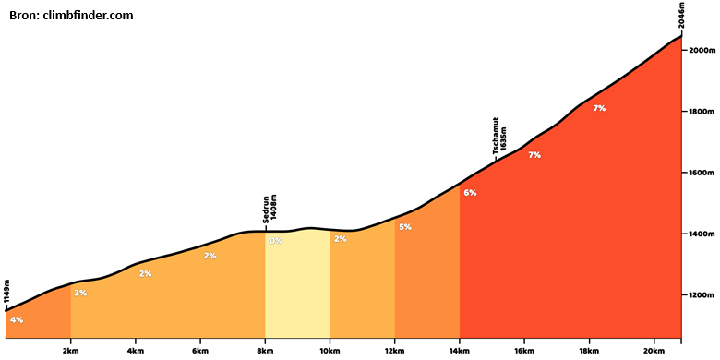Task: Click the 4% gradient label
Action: point(17,320)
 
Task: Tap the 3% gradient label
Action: point(80,293)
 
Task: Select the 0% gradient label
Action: point(275,241)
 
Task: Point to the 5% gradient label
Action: point(405,227)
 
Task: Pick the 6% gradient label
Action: point(470,193)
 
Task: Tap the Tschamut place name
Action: point(496,136)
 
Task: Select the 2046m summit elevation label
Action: point(682,16)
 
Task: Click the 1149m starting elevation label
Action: point(6,292)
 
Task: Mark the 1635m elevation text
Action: point(504,138)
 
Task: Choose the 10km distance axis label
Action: point(330,351)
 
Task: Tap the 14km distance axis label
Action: point(460,351)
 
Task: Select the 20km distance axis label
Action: point(654,351)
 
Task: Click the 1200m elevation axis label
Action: point(700,295)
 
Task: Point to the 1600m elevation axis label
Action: point(700,173)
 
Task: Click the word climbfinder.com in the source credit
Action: point(89,16)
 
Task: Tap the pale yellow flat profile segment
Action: point(297,283)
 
